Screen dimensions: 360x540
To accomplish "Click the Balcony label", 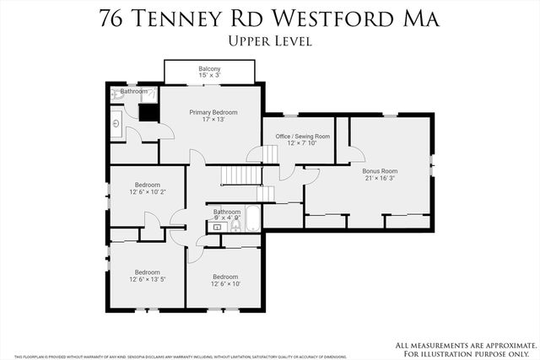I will click(209, 69).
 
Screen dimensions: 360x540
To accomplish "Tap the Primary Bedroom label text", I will click(213, 112).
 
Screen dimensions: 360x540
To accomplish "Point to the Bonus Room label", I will click(380, 170).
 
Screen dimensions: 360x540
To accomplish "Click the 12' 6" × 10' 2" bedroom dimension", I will click(147, 192).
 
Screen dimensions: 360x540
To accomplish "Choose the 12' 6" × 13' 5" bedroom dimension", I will click(147, 279).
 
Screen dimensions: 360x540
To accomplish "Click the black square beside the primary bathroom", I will click(148, 112).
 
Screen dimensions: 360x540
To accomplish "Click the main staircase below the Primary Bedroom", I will click(240, 174).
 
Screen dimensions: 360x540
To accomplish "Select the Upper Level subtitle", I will click(270, 40).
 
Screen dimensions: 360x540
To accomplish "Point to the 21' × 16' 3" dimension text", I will click(380, 178).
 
